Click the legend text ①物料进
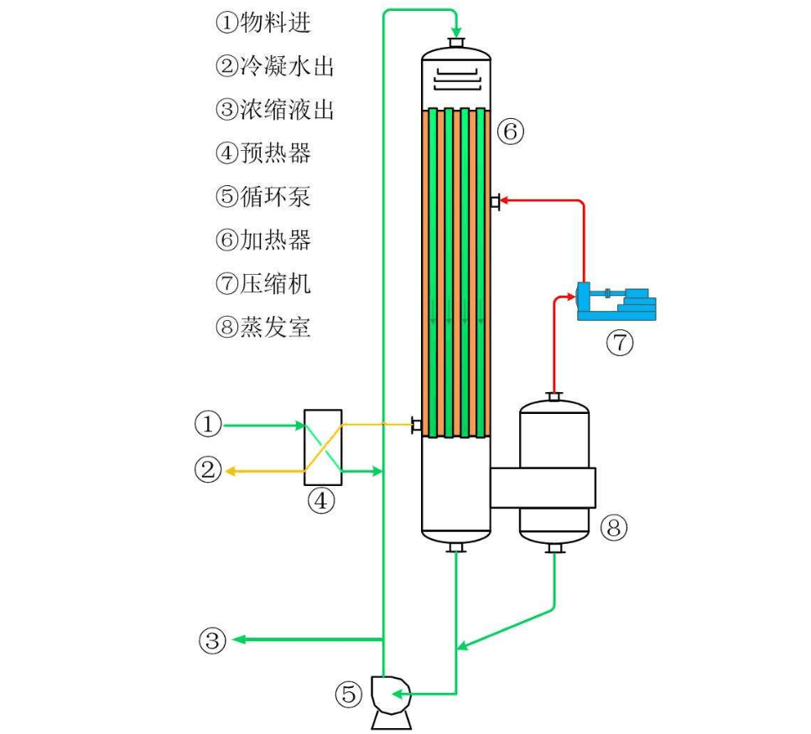(x=263, y=23)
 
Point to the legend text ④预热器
(x=263, y=153)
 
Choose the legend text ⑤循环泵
(x=263, y=197)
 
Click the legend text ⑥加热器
(x=263, y=240)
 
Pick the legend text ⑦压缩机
(x=263, y=284)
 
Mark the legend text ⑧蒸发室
(x=263, y=328)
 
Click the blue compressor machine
(x=616, y=302)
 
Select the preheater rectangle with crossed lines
(x=322, y=447)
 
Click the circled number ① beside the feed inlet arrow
(x=208, y=426)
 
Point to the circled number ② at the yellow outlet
(x=208, y=471)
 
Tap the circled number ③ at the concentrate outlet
(x=212, y=641)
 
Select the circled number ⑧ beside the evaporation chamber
(x=614, y=528)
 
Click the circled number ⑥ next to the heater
(x=510, y=130)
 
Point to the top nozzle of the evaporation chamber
(x=554, y=396)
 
